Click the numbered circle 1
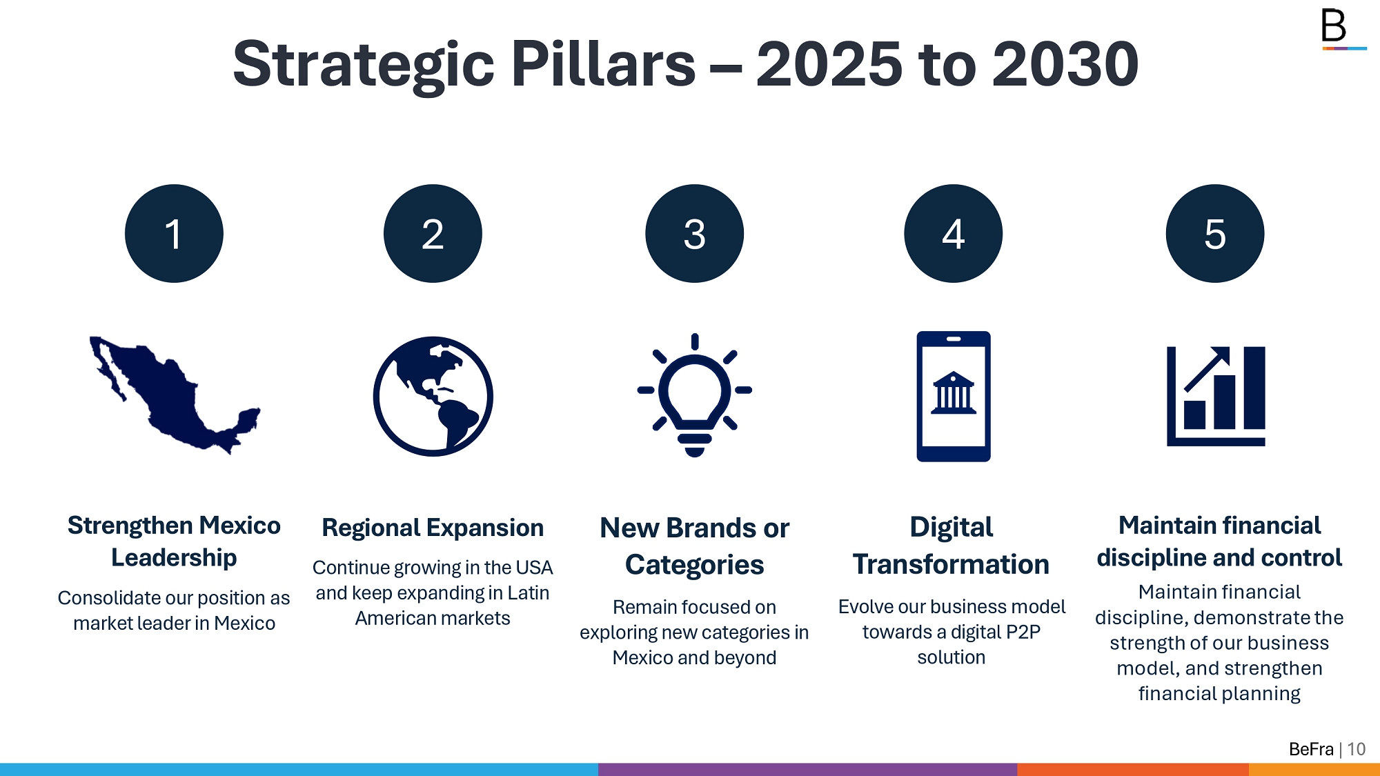pos(174,233)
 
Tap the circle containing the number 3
pos(694,233)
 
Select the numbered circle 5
pos(1215,233)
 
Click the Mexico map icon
pos(175,395)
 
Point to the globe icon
pos(433,396)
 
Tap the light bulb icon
pos(694,395)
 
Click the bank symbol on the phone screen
pos(953,393)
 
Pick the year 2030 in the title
pos(1065,63)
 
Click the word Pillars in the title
pos(603,63)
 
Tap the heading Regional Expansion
pos(433,528)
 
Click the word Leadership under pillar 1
pos(174,557)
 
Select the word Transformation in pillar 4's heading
pos(951,564)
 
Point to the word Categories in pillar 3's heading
pos(694,565)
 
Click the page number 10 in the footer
pos(1357,749)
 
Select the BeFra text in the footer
pos(1311,749)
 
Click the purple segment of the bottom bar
pos(807,769)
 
